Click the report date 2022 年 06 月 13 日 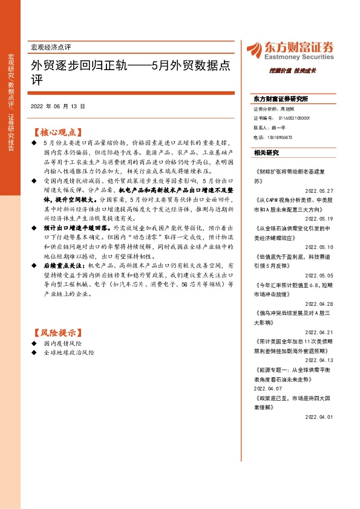coord(57,106)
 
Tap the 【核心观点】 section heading coord(57,131)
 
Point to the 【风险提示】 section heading coord(57,332)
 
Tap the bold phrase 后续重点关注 coord(66,265)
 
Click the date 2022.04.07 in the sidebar coord(268,389)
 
